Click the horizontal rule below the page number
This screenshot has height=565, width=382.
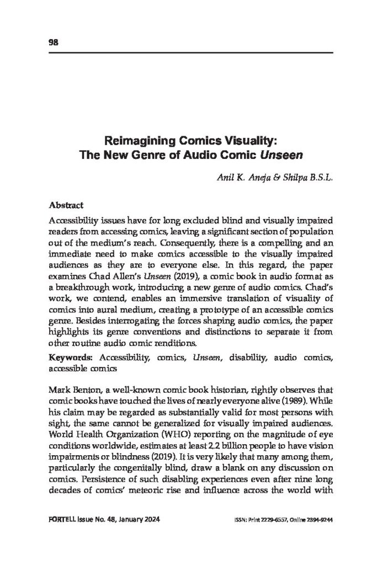coord(191,53)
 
